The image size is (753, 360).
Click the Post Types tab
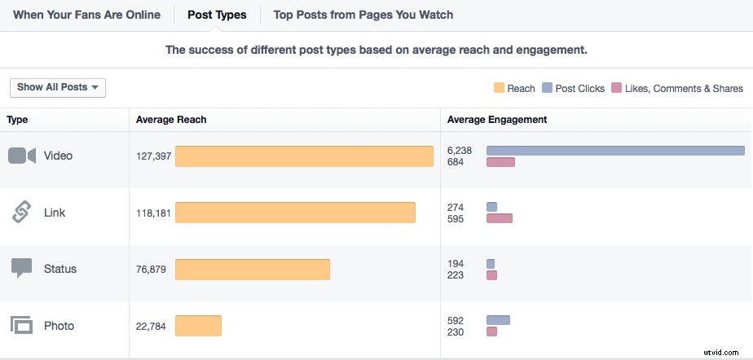pyautogui.click(x=217, y=15)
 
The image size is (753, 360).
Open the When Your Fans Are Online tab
pyautogui.click(x=86, y=15)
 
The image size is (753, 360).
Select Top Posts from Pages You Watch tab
pyautogui.click(x=363, y=15)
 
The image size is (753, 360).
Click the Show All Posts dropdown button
pyautogui.click(x=58, y=87)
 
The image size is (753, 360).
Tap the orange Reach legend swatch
pyautogui.click(x=499, y=88)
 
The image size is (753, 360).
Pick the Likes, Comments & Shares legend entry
pyautogui.click(x=677, y=88)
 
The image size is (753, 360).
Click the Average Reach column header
pyautogui.click(x=171, y=120)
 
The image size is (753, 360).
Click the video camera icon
pyautogui.click(x=22, y=156)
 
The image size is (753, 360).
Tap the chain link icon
pyautogui.click(x=22, y=213)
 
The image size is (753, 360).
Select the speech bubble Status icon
pyautogui.click(x=22, y=269)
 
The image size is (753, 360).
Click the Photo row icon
pyautogui.click(x=22, y=326)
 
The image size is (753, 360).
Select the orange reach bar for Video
pyautogui.click(x=304, y=156)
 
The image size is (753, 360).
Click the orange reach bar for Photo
pyautogui.click(x=198, y=326)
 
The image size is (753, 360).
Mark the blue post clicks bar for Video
pyautogui.click(x=615, y=151)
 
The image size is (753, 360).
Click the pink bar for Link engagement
pyautogui.click(x=499, y=218)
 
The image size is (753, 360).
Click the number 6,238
pyautogui.click(x=460, y=151)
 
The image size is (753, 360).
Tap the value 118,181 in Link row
pyautogui.click(x=153, y=213)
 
